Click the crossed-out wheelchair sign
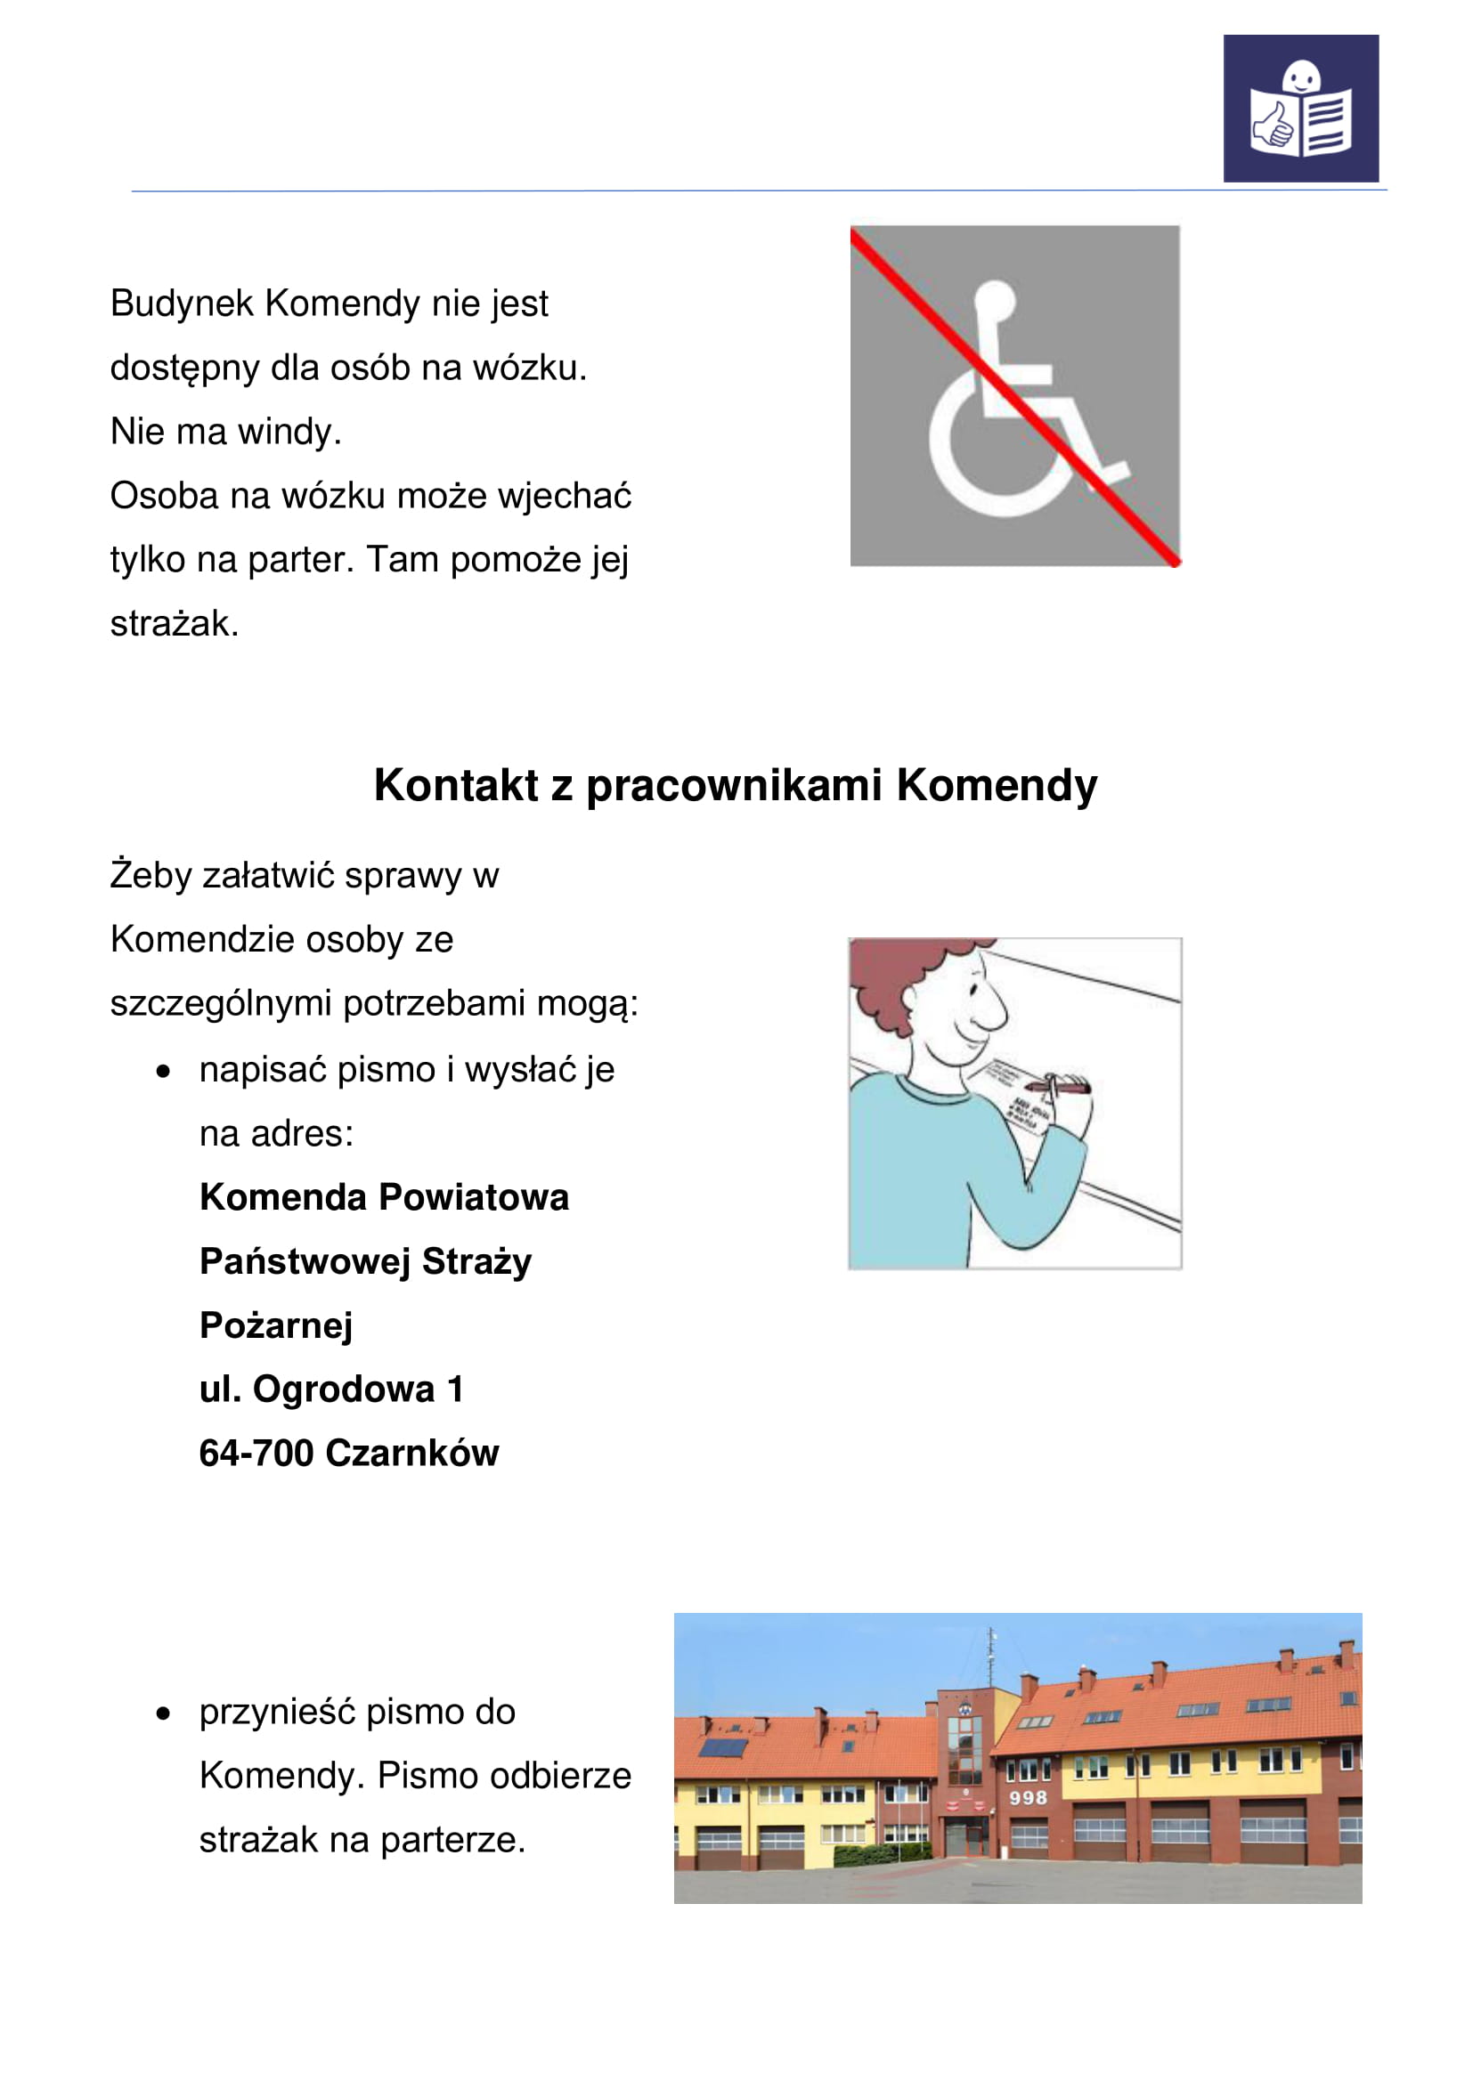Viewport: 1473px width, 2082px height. [x=1014, y=395]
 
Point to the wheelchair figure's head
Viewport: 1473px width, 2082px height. [x=994, y=300]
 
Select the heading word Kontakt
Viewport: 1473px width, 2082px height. [x=455, y=785]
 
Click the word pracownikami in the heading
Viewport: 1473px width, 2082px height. [x=734, y=785]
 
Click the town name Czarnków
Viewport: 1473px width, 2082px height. [x=411, y=1453]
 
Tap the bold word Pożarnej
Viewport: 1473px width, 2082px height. [x=276, y=1325]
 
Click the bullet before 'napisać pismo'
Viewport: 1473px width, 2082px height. [x=163, y=1072]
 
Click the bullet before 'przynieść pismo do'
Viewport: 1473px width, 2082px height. [x=163, y=1713]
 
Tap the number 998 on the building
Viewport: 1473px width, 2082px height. [x=1028, y=1797]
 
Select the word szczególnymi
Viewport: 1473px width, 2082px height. [x=222, y=1004]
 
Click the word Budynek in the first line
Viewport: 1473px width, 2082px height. [x=182, y=304]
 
